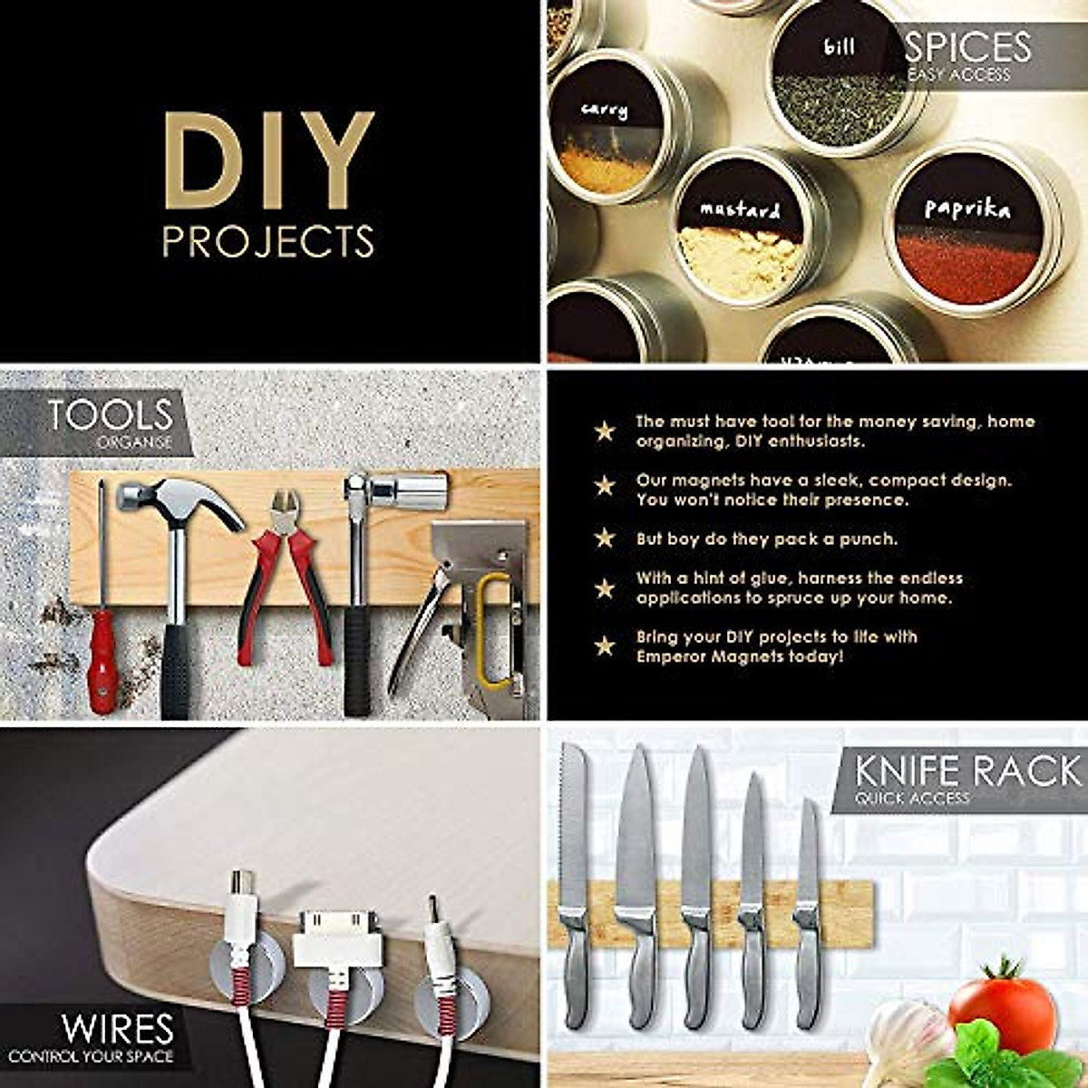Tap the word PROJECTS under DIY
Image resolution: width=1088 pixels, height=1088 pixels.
coord(268,241)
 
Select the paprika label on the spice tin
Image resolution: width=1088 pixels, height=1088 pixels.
coord(967,209)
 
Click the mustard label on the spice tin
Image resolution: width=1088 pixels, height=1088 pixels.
coord(740,210)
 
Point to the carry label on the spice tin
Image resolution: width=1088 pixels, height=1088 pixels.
coord(604,111)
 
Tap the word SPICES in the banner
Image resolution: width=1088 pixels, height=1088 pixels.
coord(968,47)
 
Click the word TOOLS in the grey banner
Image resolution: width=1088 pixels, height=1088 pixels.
coord(110,415)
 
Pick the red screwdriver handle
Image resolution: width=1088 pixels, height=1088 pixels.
coord(102,661)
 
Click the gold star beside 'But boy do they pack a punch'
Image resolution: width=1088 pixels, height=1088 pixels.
coord(605,539)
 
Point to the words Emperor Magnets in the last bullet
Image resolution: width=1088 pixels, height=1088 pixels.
coord(697,656)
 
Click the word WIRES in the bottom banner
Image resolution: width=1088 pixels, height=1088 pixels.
coord(117,1029)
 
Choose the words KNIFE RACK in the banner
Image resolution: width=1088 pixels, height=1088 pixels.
coord(967,772)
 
